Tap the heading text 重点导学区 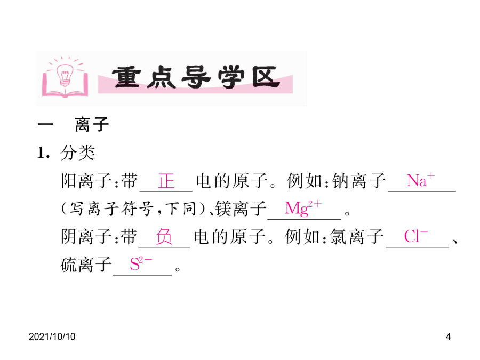195,77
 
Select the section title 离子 92,124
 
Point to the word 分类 78,152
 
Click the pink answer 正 166,181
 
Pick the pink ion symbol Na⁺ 421,180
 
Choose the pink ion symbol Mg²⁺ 303,208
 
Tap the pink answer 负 164,237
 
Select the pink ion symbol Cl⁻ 415,236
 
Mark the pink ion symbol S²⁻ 141,263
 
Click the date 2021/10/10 52,337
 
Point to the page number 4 448,337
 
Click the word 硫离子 86,265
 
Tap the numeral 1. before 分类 44,153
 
